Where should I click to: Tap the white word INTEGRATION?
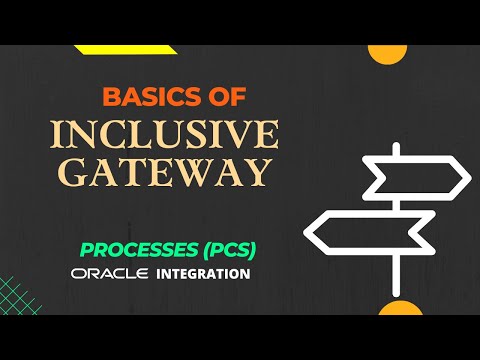(204, 272)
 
